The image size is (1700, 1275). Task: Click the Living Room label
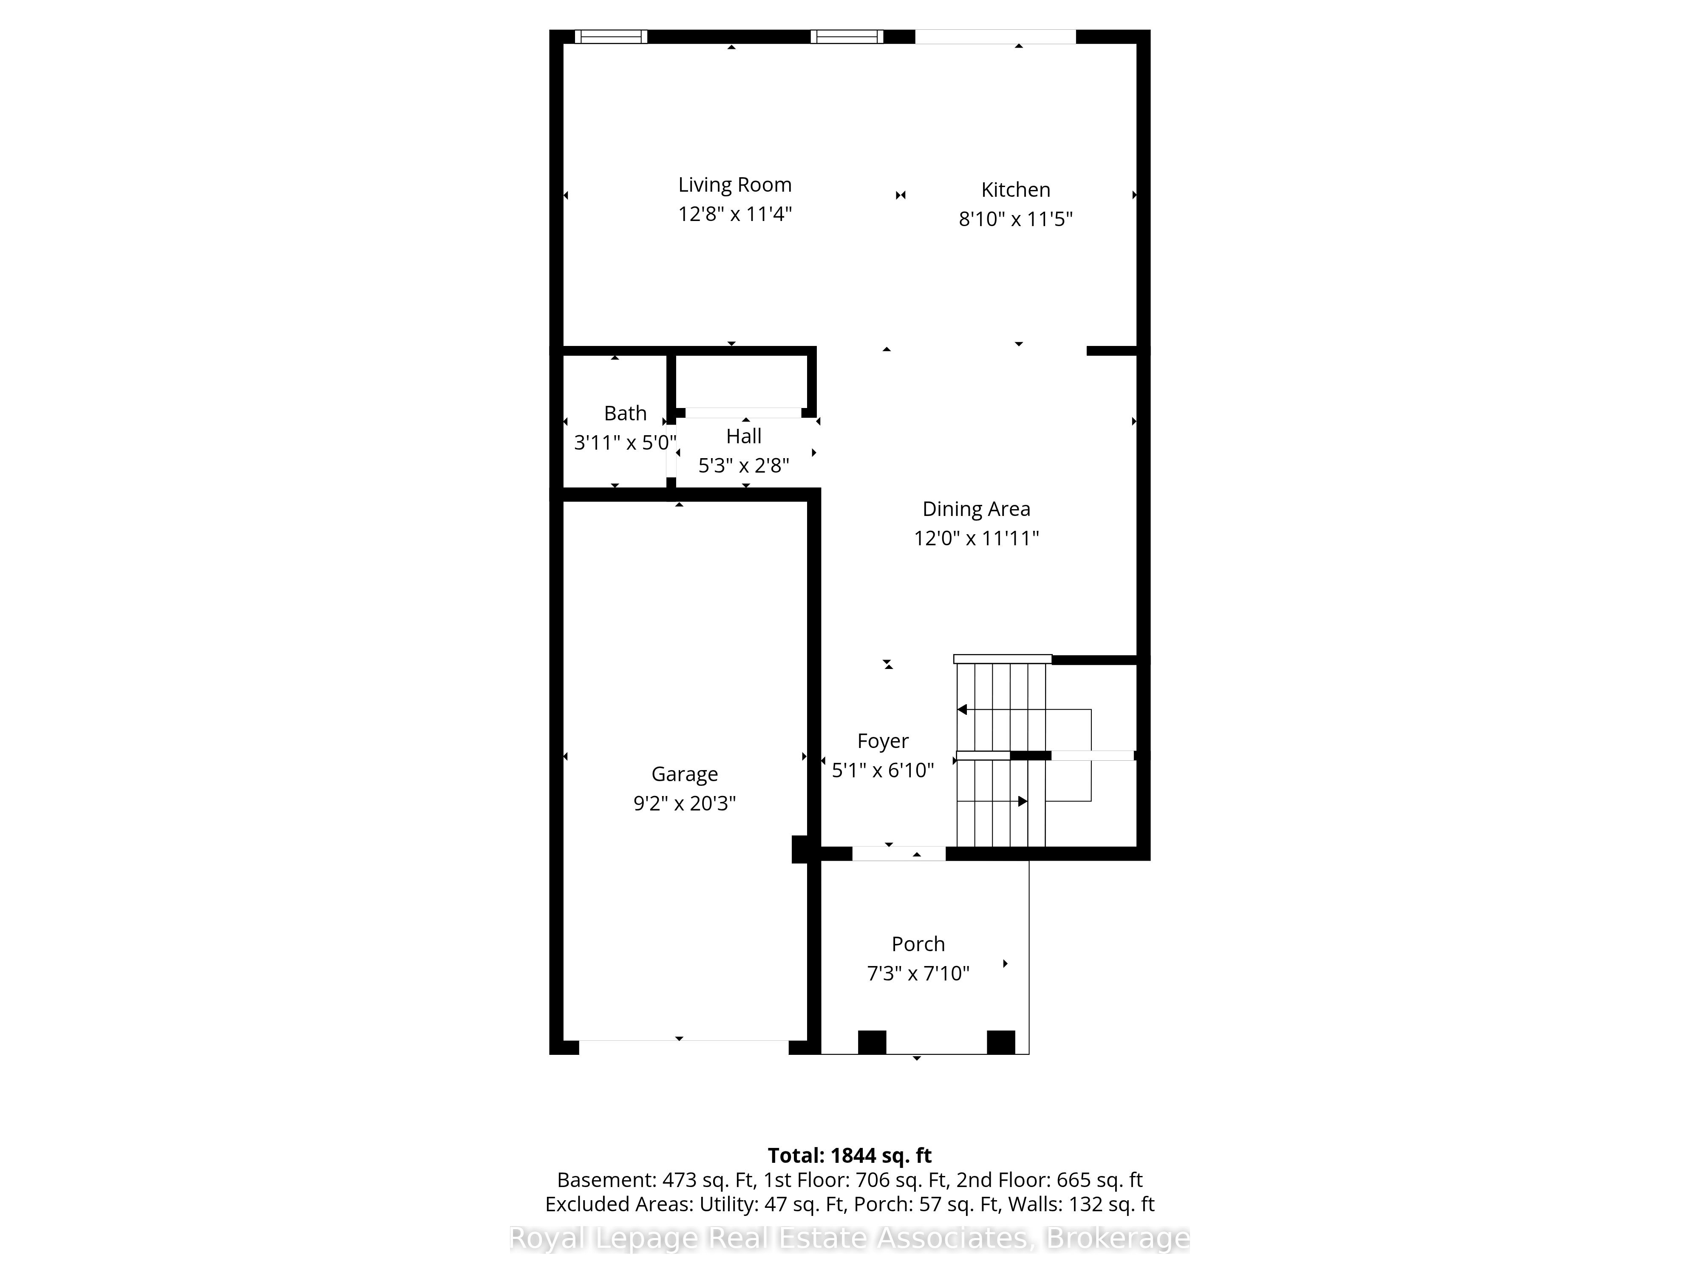pos(735,185)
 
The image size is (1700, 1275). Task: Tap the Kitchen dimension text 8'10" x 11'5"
pos(1015,219)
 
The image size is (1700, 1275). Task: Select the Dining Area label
pos(976,509)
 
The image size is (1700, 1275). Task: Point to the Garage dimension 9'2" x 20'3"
pos(684,803)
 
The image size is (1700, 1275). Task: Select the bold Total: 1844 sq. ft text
pos(849,1156)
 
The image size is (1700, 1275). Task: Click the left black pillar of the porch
pos(872,1042)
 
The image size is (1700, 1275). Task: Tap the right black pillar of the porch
pos(1000,1042)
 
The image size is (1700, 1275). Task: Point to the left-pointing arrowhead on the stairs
pos(961,709)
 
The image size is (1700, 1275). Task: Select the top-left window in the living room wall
pos(611,36)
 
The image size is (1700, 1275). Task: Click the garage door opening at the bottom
pos(684,1048)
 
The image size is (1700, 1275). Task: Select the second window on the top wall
pos(847,36)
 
